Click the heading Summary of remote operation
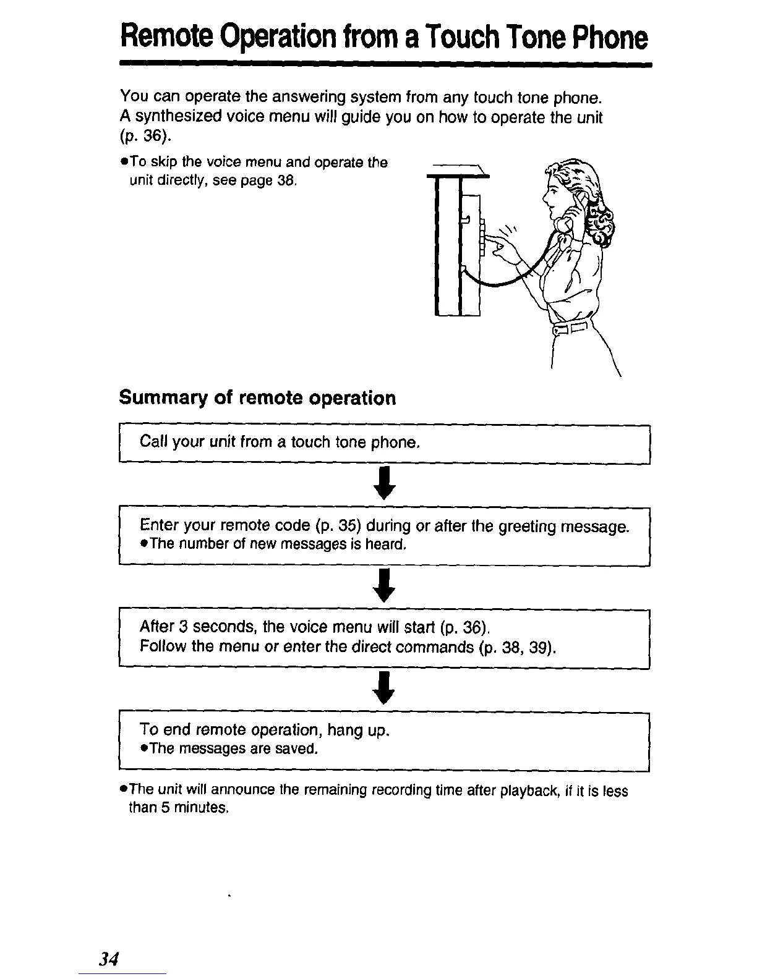point(257,398)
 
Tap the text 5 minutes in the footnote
point(192,808)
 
